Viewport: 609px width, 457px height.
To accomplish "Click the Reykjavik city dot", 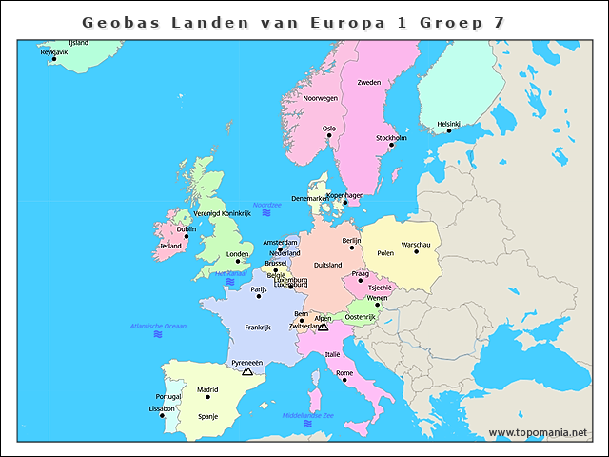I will pos(54,59).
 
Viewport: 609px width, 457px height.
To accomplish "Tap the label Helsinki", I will pos(448,123).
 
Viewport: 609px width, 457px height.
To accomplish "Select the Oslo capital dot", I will pos(329,135).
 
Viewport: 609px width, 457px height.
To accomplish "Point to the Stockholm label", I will pos(391,138).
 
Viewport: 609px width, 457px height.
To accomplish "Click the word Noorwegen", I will pos(321,98).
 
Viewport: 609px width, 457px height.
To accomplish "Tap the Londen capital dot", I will pos(238,262).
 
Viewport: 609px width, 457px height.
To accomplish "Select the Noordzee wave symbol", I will pos(267,213).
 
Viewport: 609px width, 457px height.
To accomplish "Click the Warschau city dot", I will pos(416,252).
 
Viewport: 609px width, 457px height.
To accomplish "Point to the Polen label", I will pos(385,253).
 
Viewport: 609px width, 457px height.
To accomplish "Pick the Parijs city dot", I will pos(259,295).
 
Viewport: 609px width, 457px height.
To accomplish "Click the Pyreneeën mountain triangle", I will pos(247,371).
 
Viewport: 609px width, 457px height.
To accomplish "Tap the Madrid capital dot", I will pos(207,396).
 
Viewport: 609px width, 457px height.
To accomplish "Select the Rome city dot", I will pos(344,380).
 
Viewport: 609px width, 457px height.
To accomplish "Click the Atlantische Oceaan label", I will pos(158,326).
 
